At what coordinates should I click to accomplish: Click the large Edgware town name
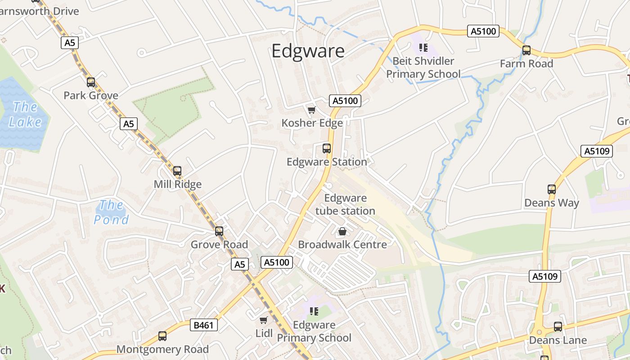[308, 51]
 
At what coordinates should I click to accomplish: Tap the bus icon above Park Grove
[91, 82]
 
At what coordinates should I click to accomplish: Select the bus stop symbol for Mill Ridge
[177, 171]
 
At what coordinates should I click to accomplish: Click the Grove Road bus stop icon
[219, 231]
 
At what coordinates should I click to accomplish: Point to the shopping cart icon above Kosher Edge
[311, 110]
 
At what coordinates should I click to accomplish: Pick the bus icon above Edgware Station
[327, 148]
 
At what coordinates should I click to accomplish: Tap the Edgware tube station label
[345, 204]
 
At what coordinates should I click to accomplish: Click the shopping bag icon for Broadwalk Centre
[342, 232]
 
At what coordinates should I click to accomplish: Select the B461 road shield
[204, 325]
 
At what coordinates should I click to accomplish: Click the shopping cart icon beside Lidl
[264, 320]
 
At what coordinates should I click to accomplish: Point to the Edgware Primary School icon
[314, 311]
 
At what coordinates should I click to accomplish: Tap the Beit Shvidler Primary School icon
[423, 47]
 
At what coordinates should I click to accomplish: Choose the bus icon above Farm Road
[526, 50]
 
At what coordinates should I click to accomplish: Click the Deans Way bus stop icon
[552, 189]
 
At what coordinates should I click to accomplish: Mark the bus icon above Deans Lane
[558, 327]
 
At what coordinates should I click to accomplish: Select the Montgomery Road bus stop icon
[162, 336]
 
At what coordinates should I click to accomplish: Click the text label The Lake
[25, 114]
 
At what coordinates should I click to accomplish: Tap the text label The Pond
[111, 212]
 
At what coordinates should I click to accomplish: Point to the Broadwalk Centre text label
[342, 245]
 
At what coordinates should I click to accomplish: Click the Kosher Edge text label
[312, 123]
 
